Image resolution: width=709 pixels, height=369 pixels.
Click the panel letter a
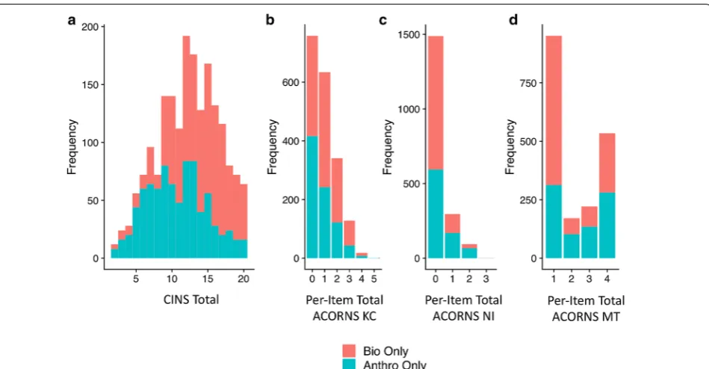72,20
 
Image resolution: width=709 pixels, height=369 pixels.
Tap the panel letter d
513,20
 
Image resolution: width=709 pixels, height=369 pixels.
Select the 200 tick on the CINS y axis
90,27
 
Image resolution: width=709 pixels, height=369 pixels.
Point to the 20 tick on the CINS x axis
244,279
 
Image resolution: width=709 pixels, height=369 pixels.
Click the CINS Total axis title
191,300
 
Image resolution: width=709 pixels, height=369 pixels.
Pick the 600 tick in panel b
291,82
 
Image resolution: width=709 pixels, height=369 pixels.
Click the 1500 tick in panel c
409,34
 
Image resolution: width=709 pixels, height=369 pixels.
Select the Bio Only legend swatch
349,351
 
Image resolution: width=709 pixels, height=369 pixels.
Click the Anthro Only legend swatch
349,364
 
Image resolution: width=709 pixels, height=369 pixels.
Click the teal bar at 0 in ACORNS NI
435,214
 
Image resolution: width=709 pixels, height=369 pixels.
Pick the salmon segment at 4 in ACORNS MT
607,163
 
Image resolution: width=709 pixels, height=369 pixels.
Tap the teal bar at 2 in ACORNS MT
571,246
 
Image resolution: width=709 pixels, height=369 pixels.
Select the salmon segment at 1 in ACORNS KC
324,130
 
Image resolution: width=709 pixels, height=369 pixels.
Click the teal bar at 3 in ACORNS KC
349,252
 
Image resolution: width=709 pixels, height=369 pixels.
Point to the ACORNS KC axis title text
344,316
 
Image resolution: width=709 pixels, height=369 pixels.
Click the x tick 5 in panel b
374,279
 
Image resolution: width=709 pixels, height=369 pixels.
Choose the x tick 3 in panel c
486,279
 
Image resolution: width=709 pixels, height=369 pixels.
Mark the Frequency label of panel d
510,146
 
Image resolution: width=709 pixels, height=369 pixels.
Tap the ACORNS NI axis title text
463,316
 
